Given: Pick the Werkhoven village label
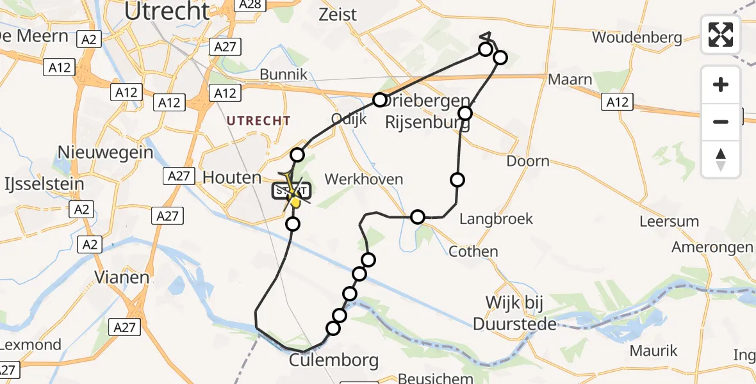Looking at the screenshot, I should [364, 179].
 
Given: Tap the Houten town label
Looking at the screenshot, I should [232, 178].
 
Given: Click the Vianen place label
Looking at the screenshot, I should [122, 277].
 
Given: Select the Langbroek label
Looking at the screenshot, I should [497, 220].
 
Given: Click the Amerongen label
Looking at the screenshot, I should [712, 248].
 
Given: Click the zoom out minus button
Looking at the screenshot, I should [721, 122].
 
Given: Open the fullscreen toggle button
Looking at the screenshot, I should [721, 35].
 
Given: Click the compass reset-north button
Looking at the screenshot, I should [721, 159].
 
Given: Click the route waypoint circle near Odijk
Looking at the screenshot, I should [380, 100].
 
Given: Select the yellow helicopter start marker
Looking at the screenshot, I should [295, 200].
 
